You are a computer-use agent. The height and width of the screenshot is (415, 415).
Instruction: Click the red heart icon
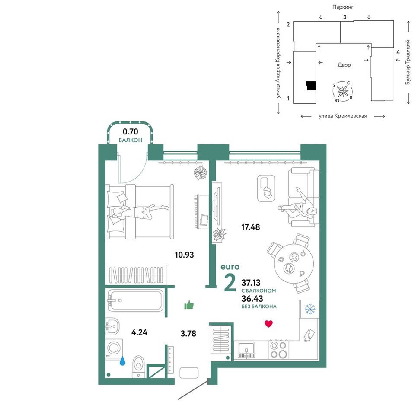268,324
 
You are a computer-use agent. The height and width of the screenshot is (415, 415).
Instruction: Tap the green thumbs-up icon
189,305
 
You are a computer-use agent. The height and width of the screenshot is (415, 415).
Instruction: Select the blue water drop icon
122,361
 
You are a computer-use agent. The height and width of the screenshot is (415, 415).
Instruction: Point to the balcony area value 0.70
131,131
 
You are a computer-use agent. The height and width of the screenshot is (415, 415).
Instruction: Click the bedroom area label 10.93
184,255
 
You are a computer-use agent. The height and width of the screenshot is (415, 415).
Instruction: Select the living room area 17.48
251,227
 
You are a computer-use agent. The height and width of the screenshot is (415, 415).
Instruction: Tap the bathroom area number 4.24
140,332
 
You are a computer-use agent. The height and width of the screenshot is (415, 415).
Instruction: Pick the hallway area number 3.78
188,333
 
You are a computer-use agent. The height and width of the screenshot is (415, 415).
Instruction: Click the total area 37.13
251,283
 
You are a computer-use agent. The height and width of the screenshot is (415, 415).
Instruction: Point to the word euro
230,267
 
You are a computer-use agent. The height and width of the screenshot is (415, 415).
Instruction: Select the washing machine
114,348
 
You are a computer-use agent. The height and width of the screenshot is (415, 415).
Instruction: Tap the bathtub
136,300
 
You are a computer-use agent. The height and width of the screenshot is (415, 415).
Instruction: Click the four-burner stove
279,350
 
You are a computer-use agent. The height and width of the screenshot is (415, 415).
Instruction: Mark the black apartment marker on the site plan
311,86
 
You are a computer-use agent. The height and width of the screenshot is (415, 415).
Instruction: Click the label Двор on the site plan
344,65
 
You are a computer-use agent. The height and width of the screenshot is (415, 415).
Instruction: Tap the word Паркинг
343,7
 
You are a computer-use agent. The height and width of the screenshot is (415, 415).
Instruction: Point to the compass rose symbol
343,91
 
